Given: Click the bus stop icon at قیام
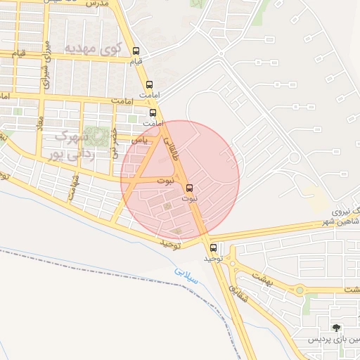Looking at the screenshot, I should coord(136,51).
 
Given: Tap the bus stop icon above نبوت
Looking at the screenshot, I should coord(189,187).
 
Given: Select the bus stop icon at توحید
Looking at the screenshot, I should coord(214,247).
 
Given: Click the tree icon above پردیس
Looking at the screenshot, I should coord(337,328).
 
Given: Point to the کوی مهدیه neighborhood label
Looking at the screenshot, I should coord(94,49).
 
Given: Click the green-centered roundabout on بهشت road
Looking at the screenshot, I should coord(300,289).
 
